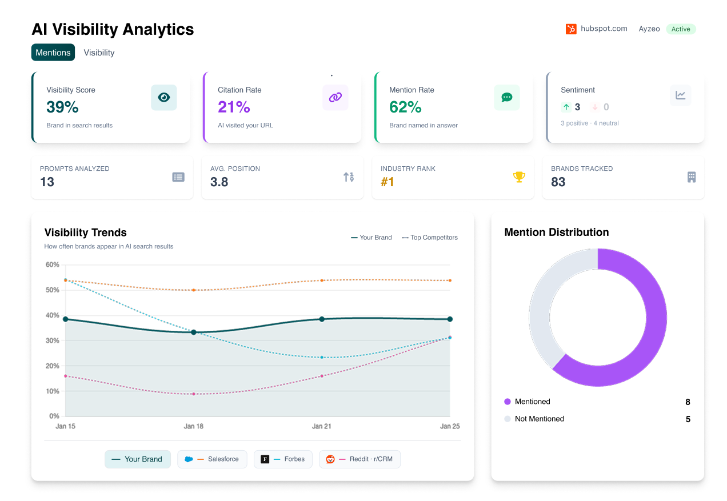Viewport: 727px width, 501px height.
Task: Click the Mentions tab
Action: pos(53,53)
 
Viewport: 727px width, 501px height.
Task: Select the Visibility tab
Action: pos(99,53)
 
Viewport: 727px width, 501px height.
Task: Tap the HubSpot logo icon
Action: pos(571,29)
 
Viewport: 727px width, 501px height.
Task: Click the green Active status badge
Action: pos(680,29)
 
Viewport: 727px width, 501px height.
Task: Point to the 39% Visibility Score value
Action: pos(62,107)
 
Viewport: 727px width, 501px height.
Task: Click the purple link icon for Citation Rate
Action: pos(335,98)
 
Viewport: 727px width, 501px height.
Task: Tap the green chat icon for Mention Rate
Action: pos(506,98)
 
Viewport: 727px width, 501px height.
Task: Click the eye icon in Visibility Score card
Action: pos(163,98)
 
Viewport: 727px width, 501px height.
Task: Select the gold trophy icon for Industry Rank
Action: pos(519,177)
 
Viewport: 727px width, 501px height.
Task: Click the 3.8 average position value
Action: pos(219,182)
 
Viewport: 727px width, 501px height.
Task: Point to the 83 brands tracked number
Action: pos(558,182)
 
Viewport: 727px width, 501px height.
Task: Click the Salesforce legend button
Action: pos(212,459)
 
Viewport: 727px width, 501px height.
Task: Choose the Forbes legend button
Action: pos(283,459)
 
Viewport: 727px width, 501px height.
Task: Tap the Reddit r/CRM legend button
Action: pos(359,459)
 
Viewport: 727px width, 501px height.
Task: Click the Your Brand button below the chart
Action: pos(137,459)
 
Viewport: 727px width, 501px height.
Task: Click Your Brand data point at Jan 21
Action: pos(322,319)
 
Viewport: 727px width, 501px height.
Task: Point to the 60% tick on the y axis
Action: pos(53,264)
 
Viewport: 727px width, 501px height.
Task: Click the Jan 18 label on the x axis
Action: pos(193,426)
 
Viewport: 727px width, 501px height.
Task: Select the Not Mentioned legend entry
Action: pos(539,419)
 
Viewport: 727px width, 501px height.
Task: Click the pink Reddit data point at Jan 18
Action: pos(194,394)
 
